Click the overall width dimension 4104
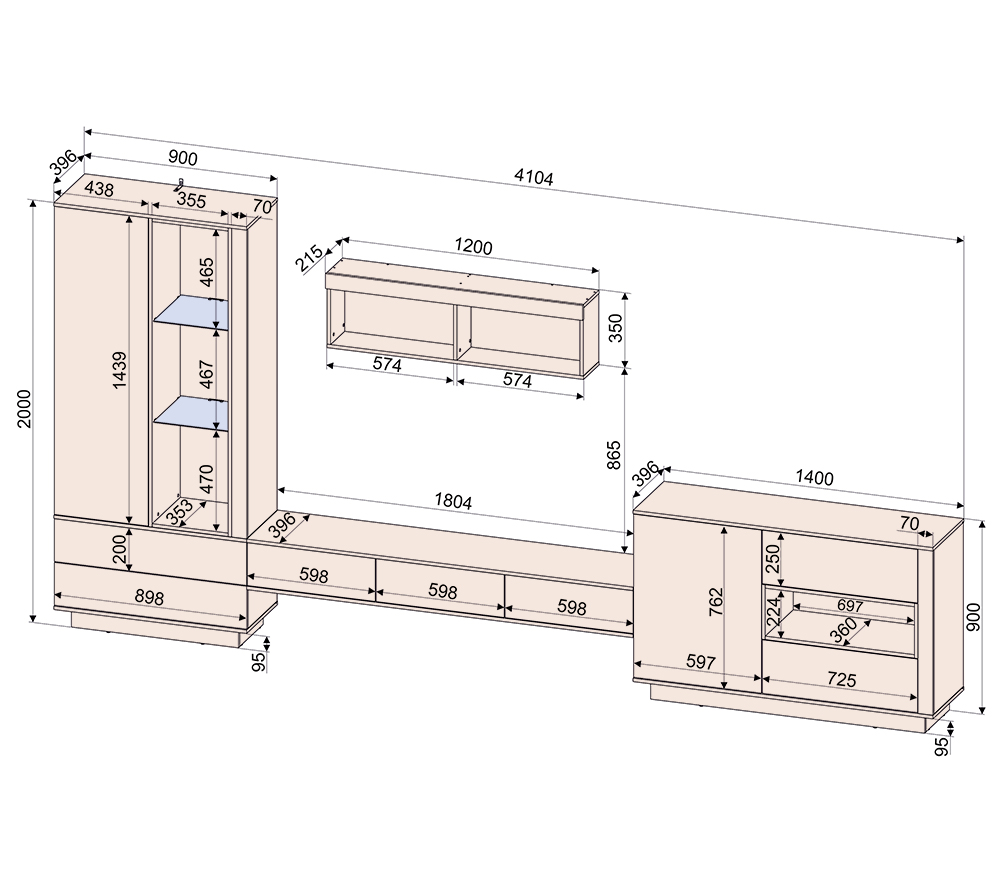pyautogui.click(x=534, y=177)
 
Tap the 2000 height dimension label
pyautogui.click(x=24, y=408)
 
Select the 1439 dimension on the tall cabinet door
pyautogui.click(x=119, y=370)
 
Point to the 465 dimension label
pyautogui.click(x=207, y=272)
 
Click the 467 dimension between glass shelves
pyautogui.click(x=207, y=374)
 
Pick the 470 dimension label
pyautogui.click(x=207, y=478)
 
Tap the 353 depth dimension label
pyautogui.click(x=180, y=512)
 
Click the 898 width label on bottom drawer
pyautogui.click(x=149, y=598)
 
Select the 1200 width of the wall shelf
pyautogui.click(x=473, y=246)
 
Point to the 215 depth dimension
pyautogui.click(x=310, y=258)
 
